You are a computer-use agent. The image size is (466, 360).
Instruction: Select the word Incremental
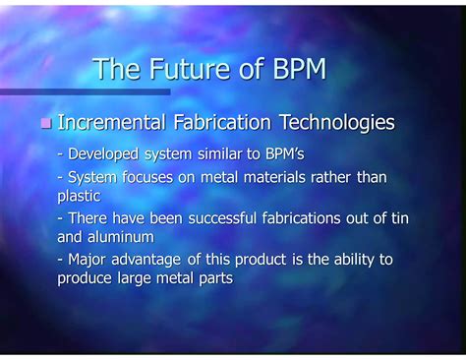[x=115, y=123]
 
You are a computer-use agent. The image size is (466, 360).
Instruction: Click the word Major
[x=87, y=260]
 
